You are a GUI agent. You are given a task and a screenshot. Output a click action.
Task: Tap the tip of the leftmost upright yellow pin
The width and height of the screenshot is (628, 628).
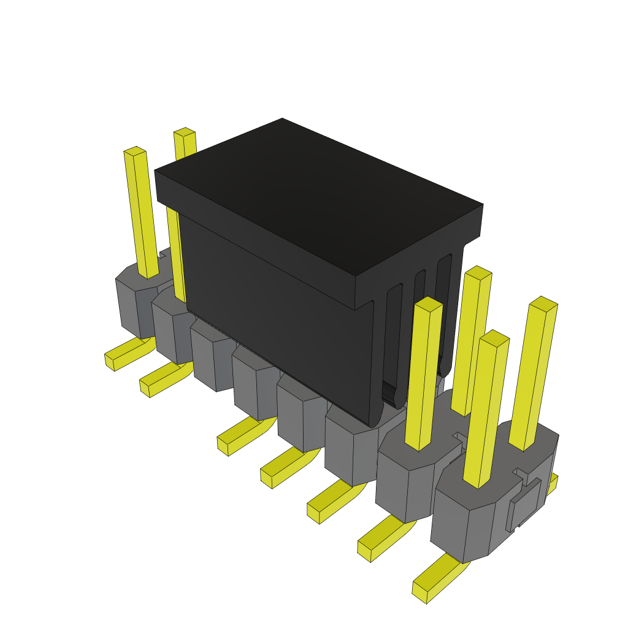pos(134,151)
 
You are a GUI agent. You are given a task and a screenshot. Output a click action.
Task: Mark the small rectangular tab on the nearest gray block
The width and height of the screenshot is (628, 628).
pos(525,503)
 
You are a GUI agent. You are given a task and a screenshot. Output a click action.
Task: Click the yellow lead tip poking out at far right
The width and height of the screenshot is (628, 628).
pos(553,484)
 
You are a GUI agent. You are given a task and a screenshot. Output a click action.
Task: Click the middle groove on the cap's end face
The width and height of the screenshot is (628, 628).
pos(419,319)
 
